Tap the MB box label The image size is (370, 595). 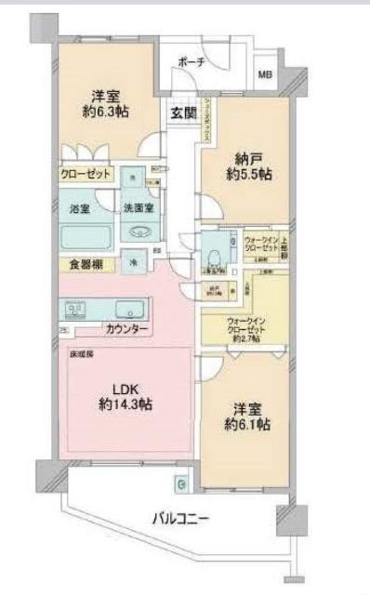pyautogui.click(x=265, y=75)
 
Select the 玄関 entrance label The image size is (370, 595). pyautogui.click(x=182, y=113)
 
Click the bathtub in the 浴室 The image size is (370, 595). pyautogui.click(x=87, y=237)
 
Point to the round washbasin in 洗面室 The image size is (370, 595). pyautogui.click(x=141, y=233)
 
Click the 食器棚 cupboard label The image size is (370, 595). pyautogui.click(x=86, y=265)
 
